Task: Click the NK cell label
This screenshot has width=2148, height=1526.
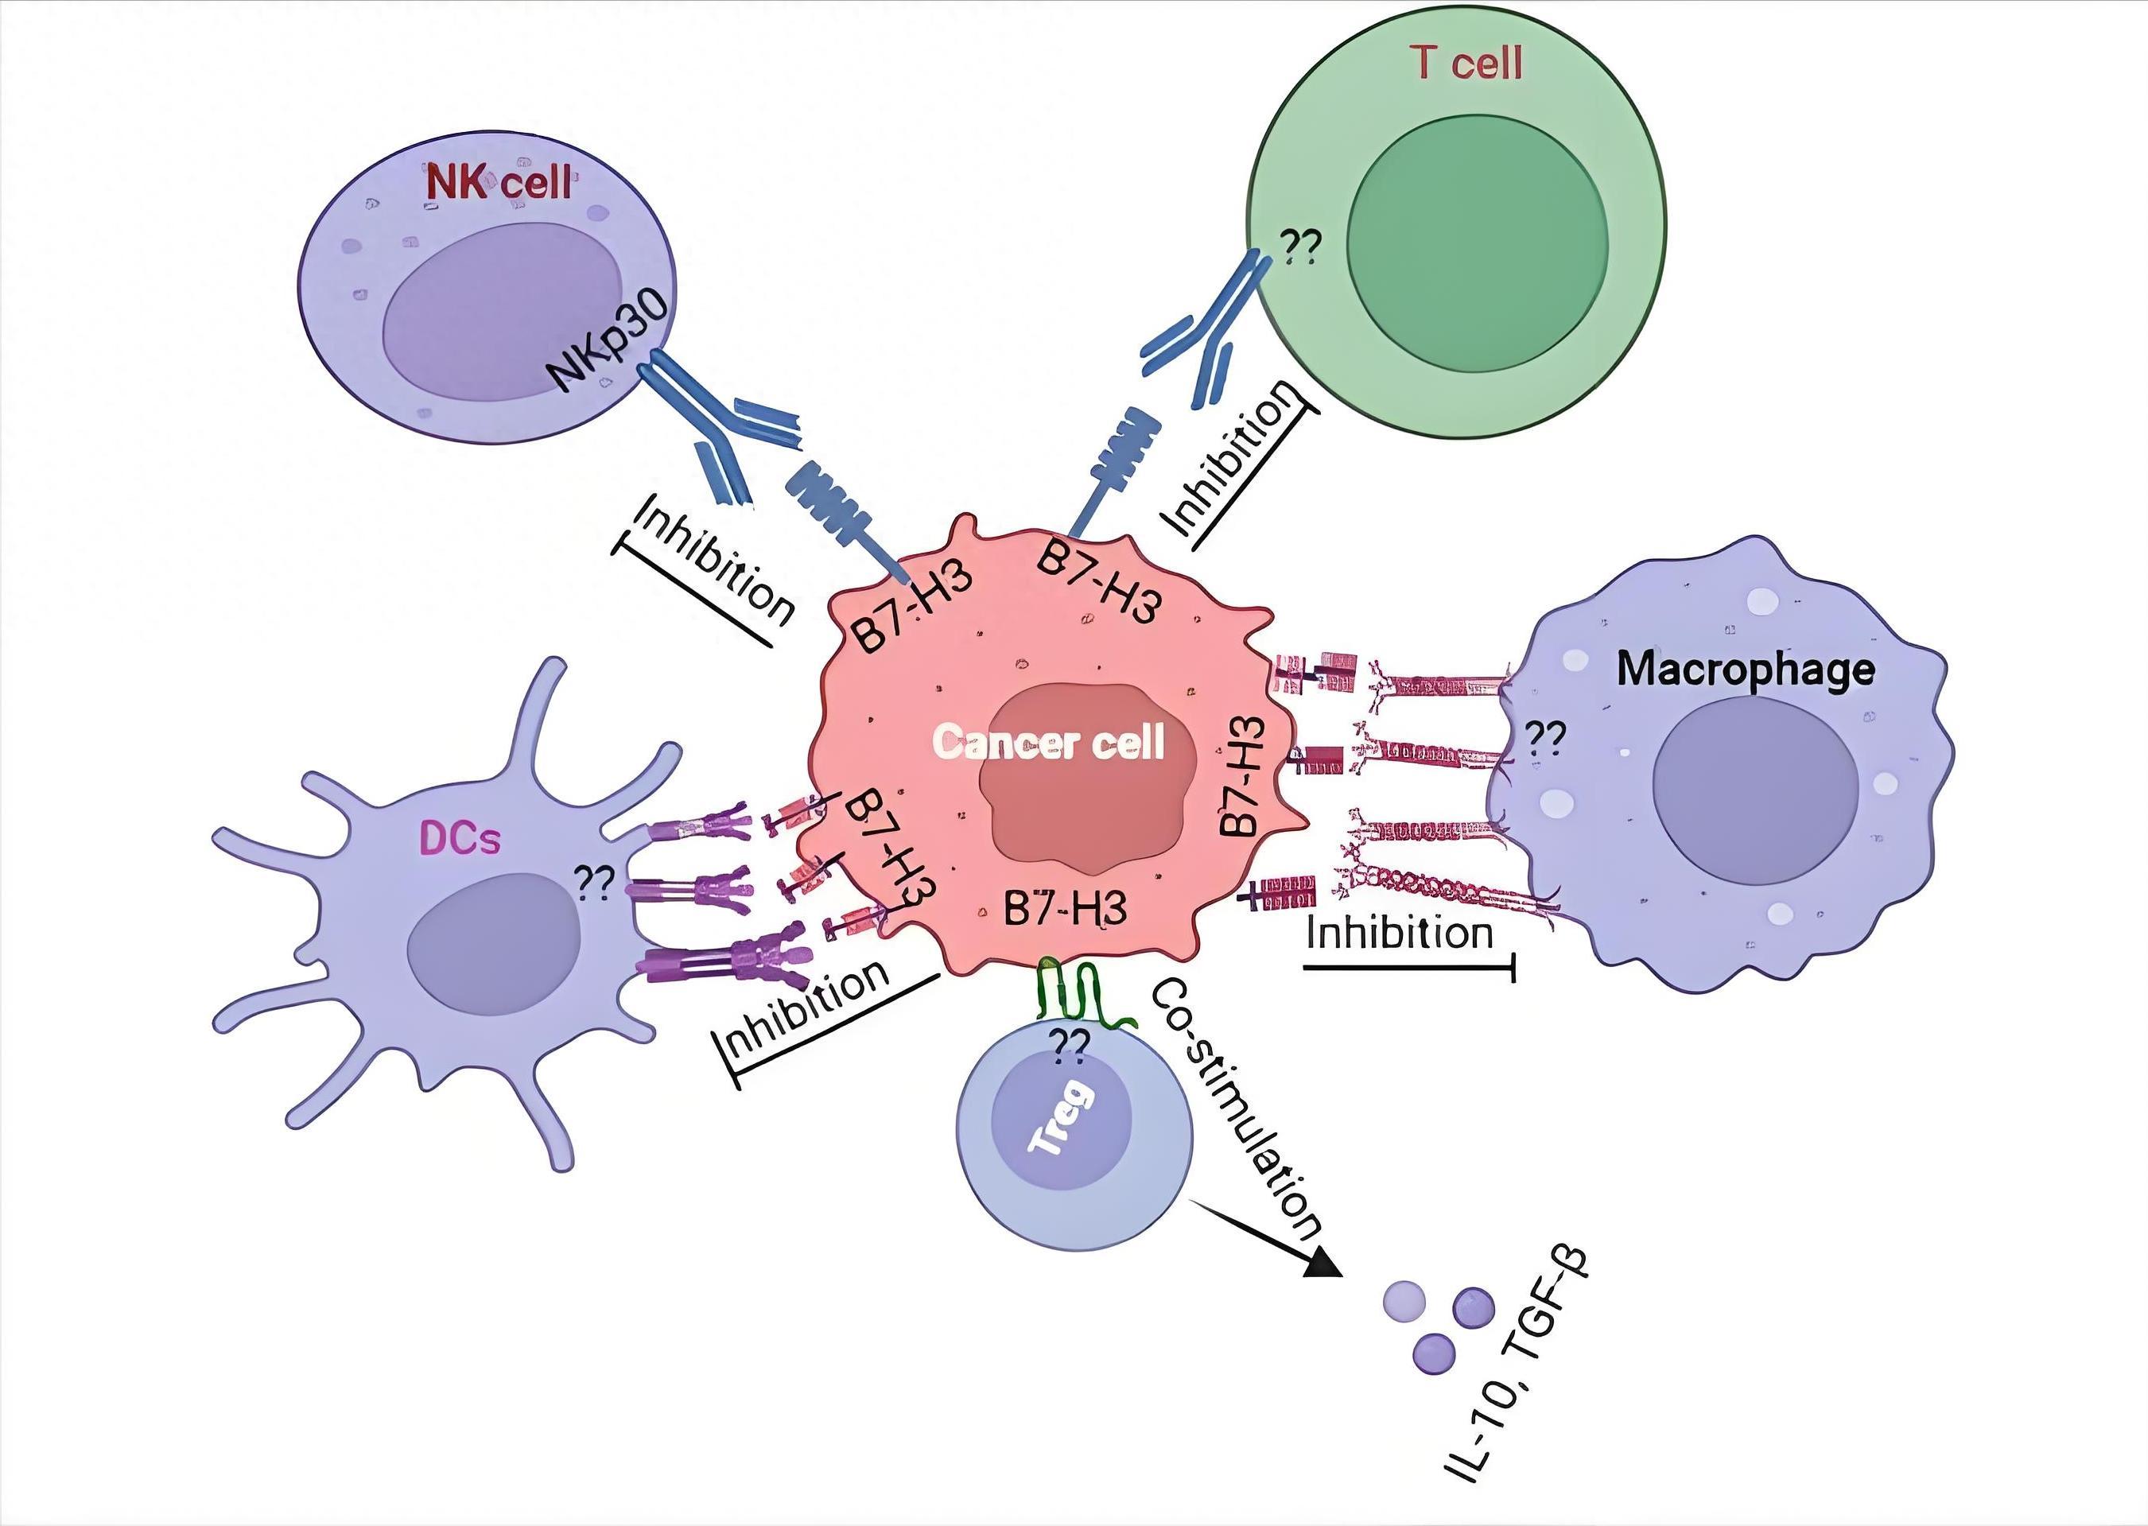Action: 498,182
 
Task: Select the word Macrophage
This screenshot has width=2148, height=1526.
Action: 1746,670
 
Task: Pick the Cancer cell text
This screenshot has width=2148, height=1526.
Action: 1049,743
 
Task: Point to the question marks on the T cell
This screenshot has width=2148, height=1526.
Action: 1301,248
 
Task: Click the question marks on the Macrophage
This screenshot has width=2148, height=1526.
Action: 1544,739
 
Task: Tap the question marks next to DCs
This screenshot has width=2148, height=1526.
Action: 595,883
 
